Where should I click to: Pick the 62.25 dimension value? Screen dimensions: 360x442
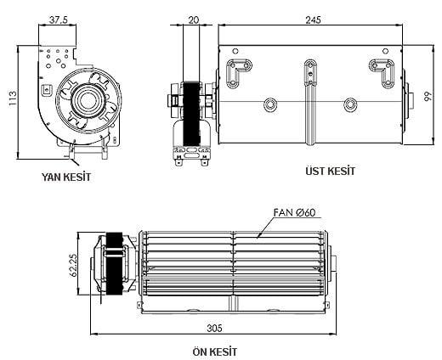74,265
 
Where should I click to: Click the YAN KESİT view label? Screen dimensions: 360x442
65,177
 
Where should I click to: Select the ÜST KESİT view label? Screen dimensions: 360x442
330,171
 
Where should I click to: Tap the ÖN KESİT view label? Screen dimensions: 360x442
214,351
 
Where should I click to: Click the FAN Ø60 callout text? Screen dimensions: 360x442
295,213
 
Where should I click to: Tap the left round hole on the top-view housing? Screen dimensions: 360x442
271,104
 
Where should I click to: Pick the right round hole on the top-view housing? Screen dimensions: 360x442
349,104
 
